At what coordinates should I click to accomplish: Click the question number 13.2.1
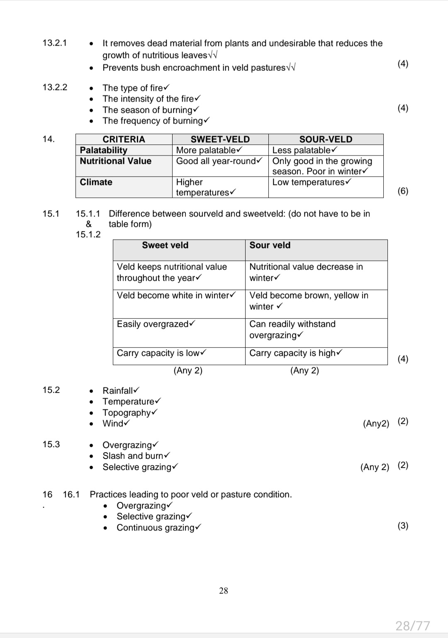tap(54, 43)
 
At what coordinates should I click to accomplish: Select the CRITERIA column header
tap(124, 139)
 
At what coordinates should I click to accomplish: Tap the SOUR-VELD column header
tap(326, 139)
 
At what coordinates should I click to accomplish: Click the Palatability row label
tap(103, 150)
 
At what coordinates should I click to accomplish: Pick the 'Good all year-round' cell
tap(219, 161)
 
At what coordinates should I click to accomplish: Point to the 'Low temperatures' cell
tap(312, 182)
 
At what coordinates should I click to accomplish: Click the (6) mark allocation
tap(403, 191)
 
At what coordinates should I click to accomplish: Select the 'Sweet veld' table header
tap(165, 245)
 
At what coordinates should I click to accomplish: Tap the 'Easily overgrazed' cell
tap(156, 324)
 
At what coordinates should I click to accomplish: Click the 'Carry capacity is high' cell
tap(295, 353)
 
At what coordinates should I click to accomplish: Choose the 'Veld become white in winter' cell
tap(176, 295)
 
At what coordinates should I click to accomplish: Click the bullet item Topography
tap(129, 413)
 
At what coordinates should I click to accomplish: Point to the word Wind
tap(113, 424)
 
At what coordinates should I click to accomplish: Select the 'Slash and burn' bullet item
tap(136, 456)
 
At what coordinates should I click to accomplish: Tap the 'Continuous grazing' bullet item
tap(158, 528)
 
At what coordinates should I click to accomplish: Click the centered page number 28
tap(224, 591)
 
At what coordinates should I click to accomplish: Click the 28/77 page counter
tap(412, 625)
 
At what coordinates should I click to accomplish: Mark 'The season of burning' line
tap(150, 110)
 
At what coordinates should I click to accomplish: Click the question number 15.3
tap(51, 444)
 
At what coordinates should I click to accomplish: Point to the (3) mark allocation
tap(403, 526)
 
